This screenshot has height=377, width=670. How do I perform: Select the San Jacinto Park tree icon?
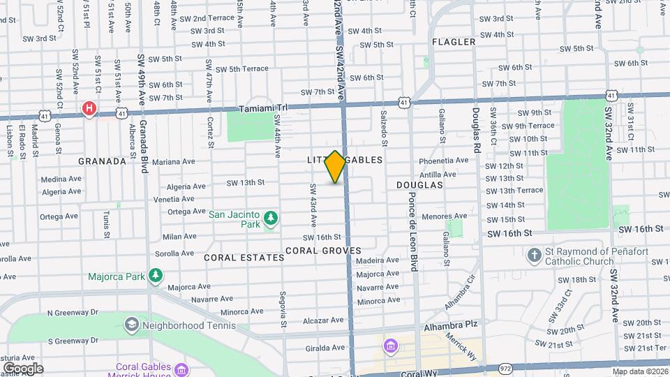coord(270,221)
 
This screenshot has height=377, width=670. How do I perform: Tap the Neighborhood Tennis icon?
coord(131,325)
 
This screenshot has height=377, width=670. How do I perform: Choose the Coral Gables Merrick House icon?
coord(181,369)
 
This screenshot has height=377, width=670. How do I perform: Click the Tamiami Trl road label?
coord(262,109)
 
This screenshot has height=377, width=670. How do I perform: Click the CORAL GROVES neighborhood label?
coord(323,250)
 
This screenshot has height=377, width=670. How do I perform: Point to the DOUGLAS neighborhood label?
coord(419,185)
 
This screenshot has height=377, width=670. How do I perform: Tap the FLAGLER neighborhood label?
coord(454,42)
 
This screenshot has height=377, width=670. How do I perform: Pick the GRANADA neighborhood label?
coord(102,161)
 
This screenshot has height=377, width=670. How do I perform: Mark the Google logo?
coord(23,368)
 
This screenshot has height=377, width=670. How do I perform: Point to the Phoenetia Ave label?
coord(444,161)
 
